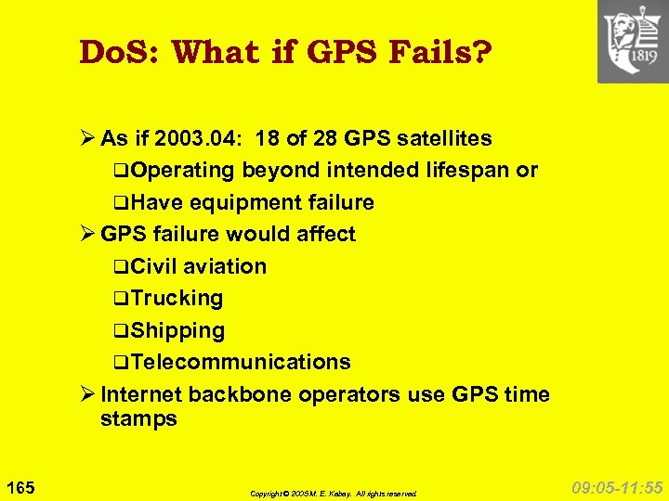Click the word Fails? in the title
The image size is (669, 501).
(443, 53)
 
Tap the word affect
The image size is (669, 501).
(324, 235)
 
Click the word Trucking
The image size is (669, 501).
(177, 299)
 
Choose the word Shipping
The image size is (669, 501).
(177, 331)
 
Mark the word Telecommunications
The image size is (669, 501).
(240, 362)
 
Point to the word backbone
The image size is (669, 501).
(240, 394)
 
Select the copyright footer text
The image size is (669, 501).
(334, 494)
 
